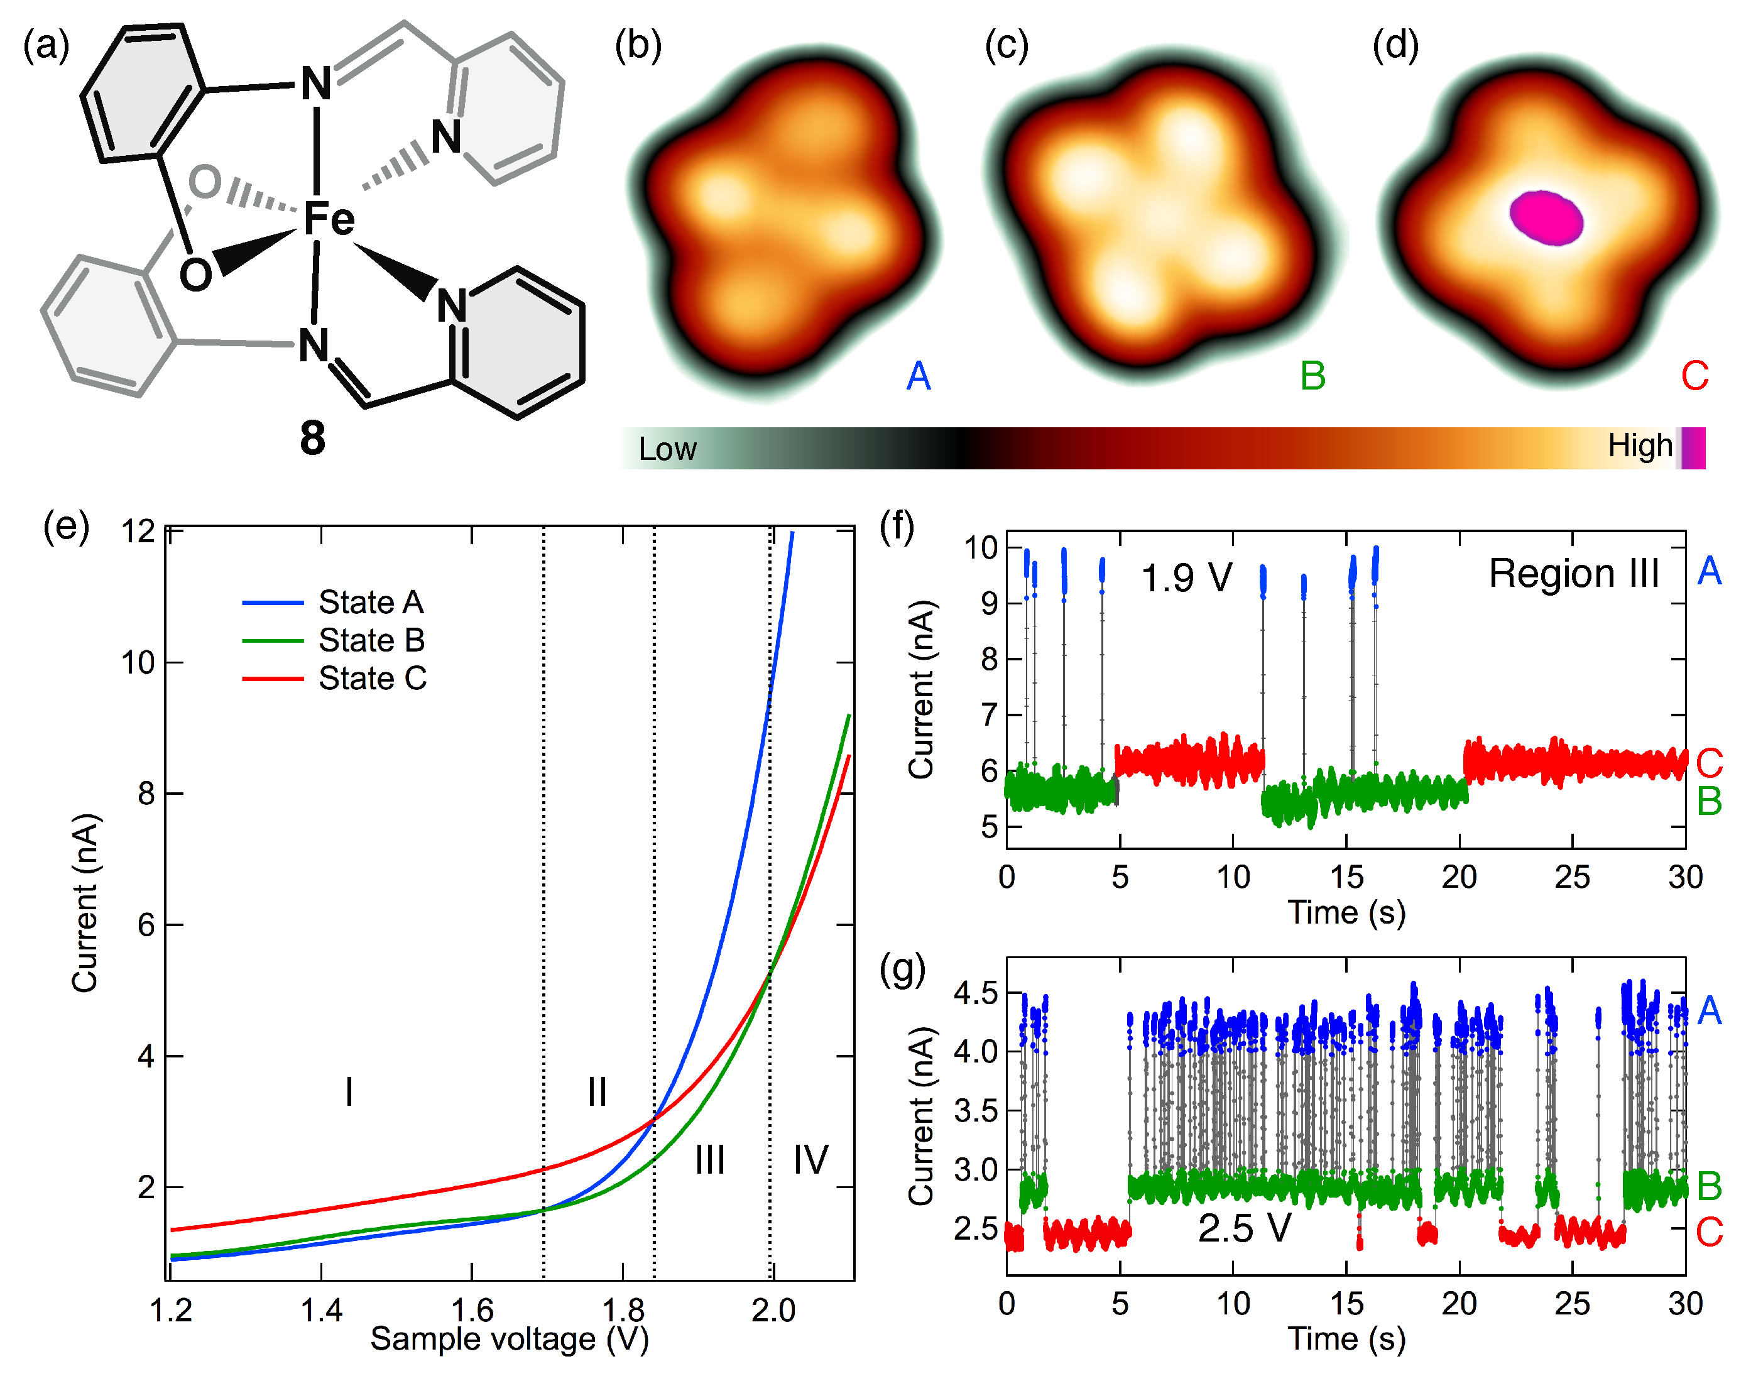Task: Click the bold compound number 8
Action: tap(312, 439)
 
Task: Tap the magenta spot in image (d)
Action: tap(1546, 217)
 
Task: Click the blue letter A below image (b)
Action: tap(918, 376)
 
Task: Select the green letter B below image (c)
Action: tap(1312, 376)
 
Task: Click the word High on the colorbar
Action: tap(1640, 445)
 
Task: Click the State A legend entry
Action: tap(371, 602)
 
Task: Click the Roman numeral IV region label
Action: tap(810, 1160)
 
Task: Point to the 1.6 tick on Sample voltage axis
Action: tap(472, 1311)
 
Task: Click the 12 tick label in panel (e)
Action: tap(137, 532)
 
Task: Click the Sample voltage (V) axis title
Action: tap(509, 1339)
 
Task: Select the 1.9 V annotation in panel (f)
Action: tap(1186, 577)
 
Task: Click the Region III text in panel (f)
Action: tap(1573, 574)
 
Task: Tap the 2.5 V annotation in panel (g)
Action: tap(1244, 1228)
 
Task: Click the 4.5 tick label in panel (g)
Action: tap(975, 993)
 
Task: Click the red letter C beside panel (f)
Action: tap(1709, 762)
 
